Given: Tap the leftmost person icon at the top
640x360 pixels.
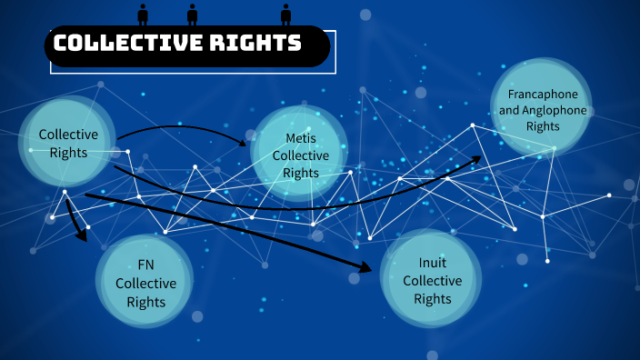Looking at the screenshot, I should coord(143,14).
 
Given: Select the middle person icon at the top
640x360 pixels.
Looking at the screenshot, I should coord(192,14).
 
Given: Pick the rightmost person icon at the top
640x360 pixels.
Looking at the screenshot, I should coord(286,14).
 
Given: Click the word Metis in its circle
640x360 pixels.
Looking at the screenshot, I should coord(300,138).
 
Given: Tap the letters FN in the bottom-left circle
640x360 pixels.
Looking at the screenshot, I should coord(145,265).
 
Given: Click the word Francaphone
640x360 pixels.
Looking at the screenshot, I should coord(543,94).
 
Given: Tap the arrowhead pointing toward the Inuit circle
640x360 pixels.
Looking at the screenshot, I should coord(365,267).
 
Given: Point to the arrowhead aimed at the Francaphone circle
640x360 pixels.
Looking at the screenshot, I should coord(475,159).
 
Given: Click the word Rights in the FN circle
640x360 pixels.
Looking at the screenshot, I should coord(145,302).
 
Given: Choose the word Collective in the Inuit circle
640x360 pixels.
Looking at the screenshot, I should coord(432,281).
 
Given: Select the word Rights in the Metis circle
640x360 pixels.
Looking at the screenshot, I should coord(301,173).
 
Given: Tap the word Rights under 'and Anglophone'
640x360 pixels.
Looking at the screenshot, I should coord(543,126).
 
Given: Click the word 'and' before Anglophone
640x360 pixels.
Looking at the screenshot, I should coord(509,110).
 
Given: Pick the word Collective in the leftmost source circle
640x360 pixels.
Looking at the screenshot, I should coord(68,135).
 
